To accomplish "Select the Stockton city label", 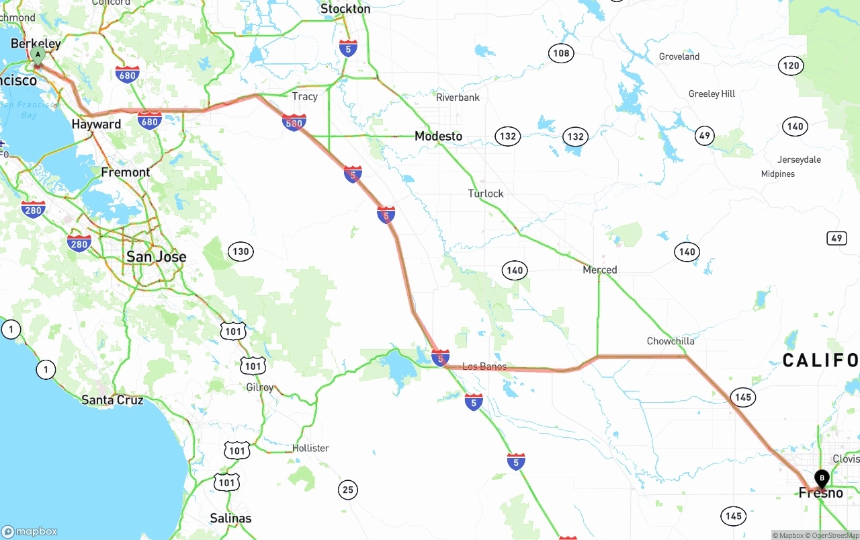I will tap(345, 9).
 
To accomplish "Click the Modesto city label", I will tap(438, 136).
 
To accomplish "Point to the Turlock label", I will tap(486, 194).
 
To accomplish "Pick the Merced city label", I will tap(599, 270).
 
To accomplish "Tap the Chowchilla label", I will tap(671, 341).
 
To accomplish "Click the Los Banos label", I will tap(484, 367).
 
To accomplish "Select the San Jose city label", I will tap(157, 256).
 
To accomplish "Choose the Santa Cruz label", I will tap(112, 399).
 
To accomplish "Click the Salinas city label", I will tap(230, 518).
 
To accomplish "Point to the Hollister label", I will tap(310, 448).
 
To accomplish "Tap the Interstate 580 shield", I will tap(294, 122).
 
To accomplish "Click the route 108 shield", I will tap(561, 53).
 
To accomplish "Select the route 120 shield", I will tap(791, 65).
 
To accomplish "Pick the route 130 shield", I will tap(240, 252).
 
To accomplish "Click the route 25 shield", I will tap(347, 490).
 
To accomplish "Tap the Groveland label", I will tap(679, 56).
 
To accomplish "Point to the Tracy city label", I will tap(304, 96).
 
